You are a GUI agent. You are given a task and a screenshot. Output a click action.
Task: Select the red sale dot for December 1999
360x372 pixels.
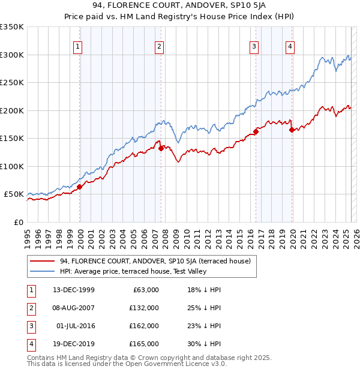tap(79, 187)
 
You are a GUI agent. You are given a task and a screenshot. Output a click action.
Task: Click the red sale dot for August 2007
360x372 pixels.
tap(161, 149)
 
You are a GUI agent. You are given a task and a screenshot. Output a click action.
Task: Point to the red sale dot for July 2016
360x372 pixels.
tap(256, 131)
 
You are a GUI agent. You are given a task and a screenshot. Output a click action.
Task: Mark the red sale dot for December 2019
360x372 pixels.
tap(292, 130)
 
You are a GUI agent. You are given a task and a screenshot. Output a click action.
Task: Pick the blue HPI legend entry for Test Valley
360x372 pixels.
tap(133, 271)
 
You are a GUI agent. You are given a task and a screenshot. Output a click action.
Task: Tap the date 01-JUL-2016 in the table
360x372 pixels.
tap(75, 326)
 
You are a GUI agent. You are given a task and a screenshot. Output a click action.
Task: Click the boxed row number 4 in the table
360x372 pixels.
tap(29, 344)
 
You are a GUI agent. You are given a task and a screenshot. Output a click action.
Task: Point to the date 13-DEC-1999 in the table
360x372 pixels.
tap(74, 290)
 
